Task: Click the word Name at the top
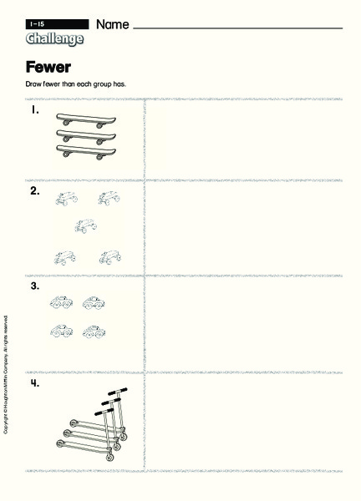113,25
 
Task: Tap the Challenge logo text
54,38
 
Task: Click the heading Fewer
48,68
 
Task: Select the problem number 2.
35,191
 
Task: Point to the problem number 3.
35,286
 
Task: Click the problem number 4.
35,383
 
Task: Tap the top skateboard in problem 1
85,119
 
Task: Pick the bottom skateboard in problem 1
85,151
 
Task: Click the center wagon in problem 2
84,225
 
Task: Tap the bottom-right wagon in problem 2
109,258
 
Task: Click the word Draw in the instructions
34,84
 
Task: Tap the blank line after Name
237,28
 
